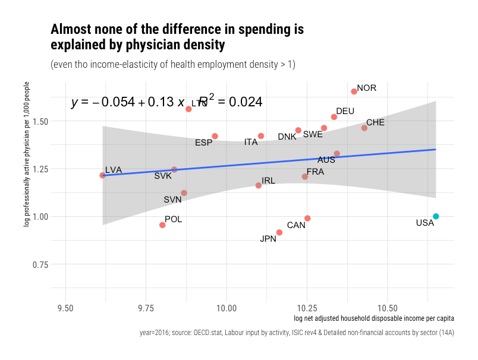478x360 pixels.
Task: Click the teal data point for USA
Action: [x=436, y=216]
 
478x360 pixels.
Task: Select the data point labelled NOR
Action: [x=354, y=91]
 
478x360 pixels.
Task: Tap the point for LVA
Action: [x=103, y=175]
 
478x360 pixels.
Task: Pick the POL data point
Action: [x=162, y=225]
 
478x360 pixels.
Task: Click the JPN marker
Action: [x=279, y=232]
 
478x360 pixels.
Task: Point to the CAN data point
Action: [x=307, y=219]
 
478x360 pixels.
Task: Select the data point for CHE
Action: [x=364, y=128]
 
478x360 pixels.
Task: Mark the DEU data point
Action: [x=334, y=117]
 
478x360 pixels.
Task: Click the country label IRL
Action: [x=268, y=181]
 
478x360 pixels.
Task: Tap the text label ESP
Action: [x=203, y=143]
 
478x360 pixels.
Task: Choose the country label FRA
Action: [x=315, y=172]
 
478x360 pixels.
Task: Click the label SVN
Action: [x=172, y=200]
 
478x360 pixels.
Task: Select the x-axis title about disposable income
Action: [x=374, y=320]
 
